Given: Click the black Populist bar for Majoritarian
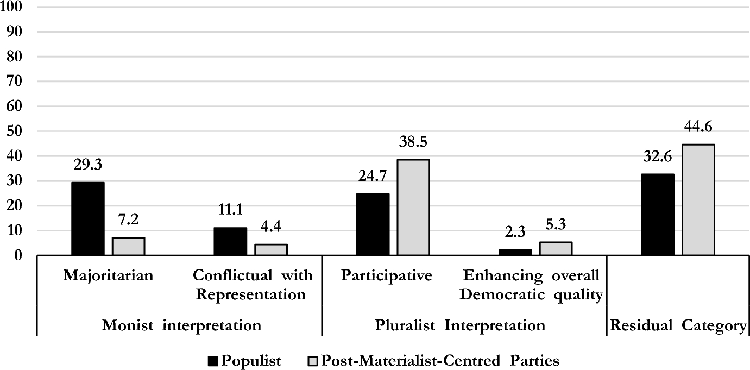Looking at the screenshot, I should pyautogui.click(x=87, y=218).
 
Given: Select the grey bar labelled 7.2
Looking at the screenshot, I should pyautogui.click(x=128, y=246).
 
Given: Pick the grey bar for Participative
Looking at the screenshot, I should pyautogui.click(x=413, y=207).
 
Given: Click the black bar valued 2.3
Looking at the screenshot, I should pyautogui.click(x=514, y=252).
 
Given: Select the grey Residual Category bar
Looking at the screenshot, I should pyautogui.click(x=698, y=199).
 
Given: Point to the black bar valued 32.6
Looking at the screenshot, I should pyautogui.click(x=657, y=215).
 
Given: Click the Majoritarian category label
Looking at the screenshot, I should pyautogui.click(x=108, y=275).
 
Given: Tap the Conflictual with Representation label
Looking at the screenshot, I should pyautogui.click(x=253, y=285).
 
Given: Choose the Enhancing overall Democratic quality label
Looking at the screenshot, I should pyautogui.click(x=531, y=285).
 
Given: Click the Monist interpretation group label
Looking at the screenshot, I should pyautogui.click(x=182, y=325).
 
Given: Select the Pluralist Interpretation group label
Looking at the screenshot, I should pyautogui.click(x=460, y=325).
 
